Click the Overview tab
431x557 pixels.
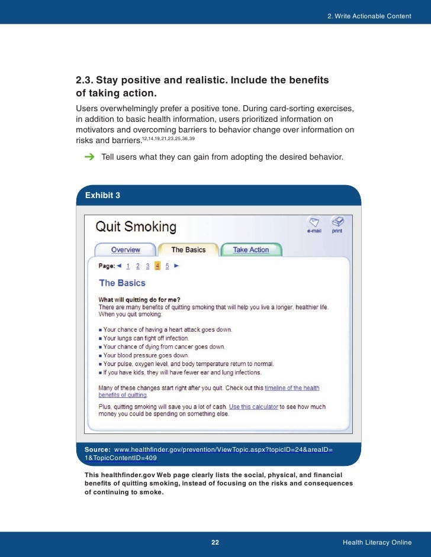126,250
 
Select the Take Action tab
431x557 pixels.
250,250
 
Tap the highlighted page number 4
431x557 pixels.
157,266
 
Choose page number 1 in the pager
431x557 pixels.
128,266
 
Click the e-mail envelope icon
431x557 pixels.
314,222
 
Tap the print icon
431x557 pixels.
337,222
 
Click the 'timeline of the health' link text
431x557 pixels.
292,388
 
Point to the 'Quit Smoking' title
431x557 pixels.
136,226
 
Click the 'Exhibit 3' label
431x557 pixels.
103,195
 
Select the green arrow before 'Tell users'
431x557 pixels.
89,157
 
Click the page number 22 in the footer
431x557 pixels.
215,543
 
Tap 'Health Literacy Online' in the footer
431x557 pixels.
377,543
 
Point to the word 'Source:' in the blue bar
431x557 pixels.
98,450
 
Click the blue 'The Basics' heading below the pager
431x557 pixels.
122,283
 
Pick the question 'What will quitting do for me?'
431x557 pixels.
140,300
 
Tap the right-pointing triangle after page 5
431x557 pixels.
176,266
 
